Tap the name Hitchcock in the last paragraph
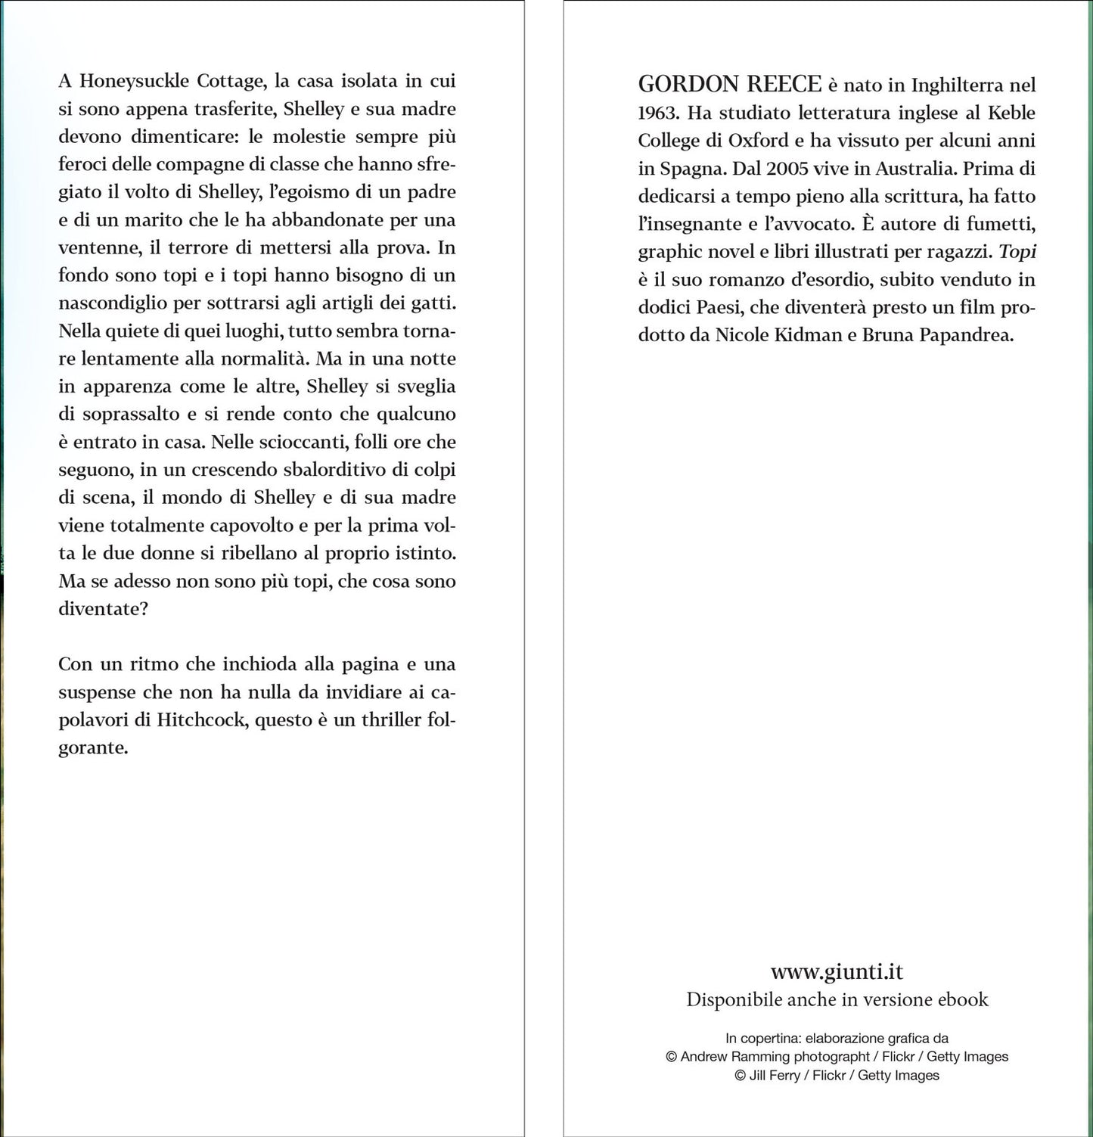click(201, 719)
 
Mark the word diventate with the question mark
click(103, 609)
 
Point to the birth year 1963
click(660, 113)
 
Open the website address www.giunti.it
click(837, 971)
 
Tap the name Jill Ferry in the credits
click(774, 1075)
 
